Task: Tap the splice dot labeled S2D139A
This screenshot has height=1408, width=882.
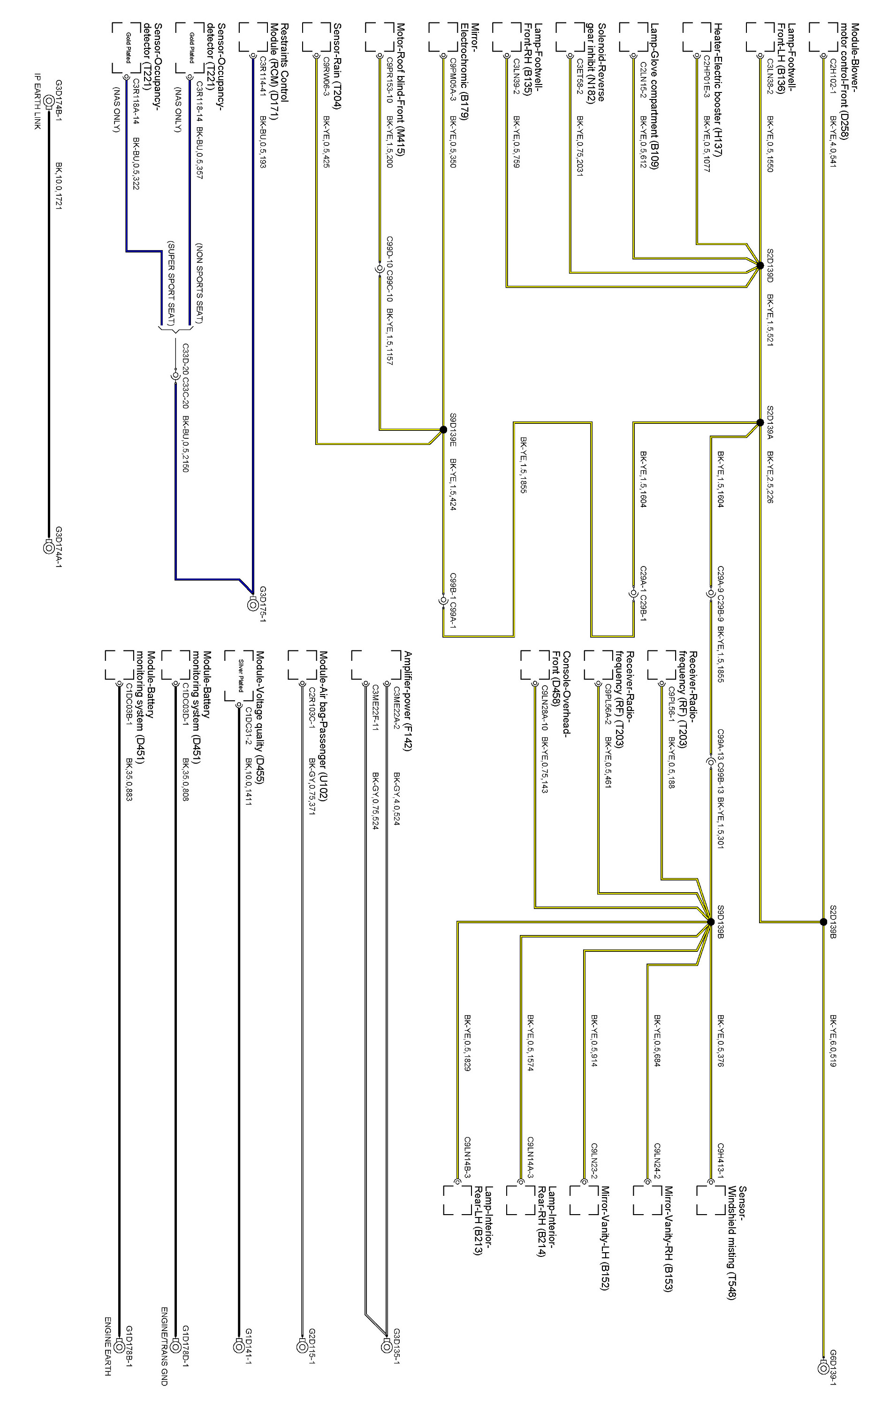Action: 760,422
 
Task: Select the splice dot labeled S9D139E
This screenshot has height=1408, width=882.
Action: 443,429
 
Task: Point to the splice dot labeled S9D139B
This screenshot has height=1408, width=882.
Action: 710,922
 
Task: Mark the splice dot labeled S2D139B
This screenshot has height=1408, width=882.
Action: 823,922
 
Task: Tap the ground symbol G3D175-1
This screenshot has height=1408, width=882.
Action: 252,605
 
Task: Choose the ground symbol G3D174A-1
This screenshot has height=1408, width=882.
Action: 49,547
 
